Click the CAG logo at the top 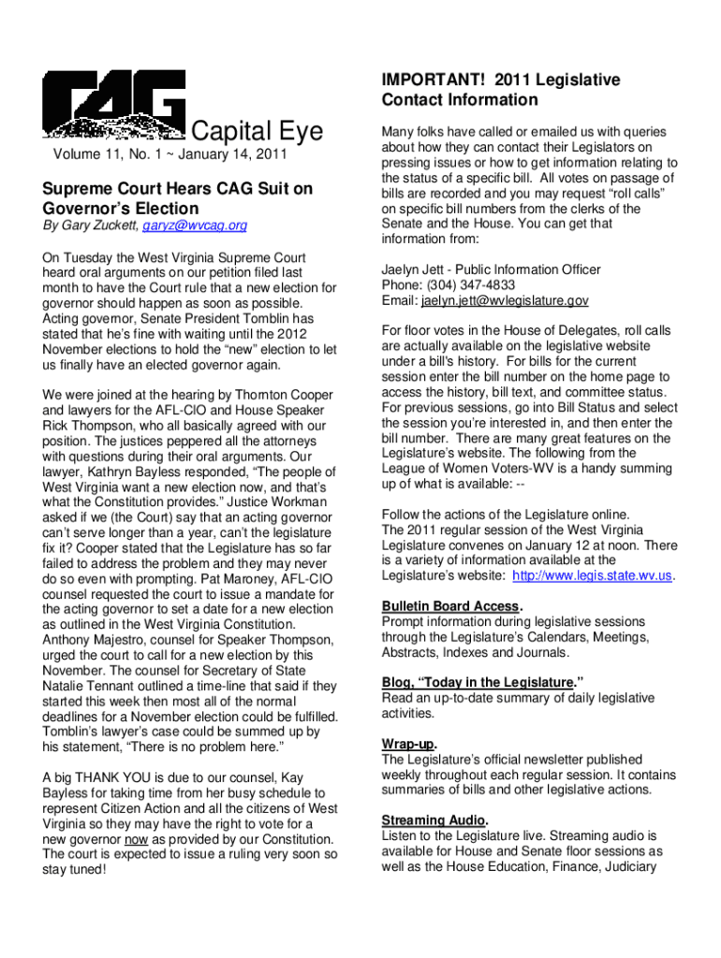[112, 106]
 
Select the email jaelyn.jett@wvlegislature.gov [505, 300]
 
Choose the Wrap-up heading [405, 744]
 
